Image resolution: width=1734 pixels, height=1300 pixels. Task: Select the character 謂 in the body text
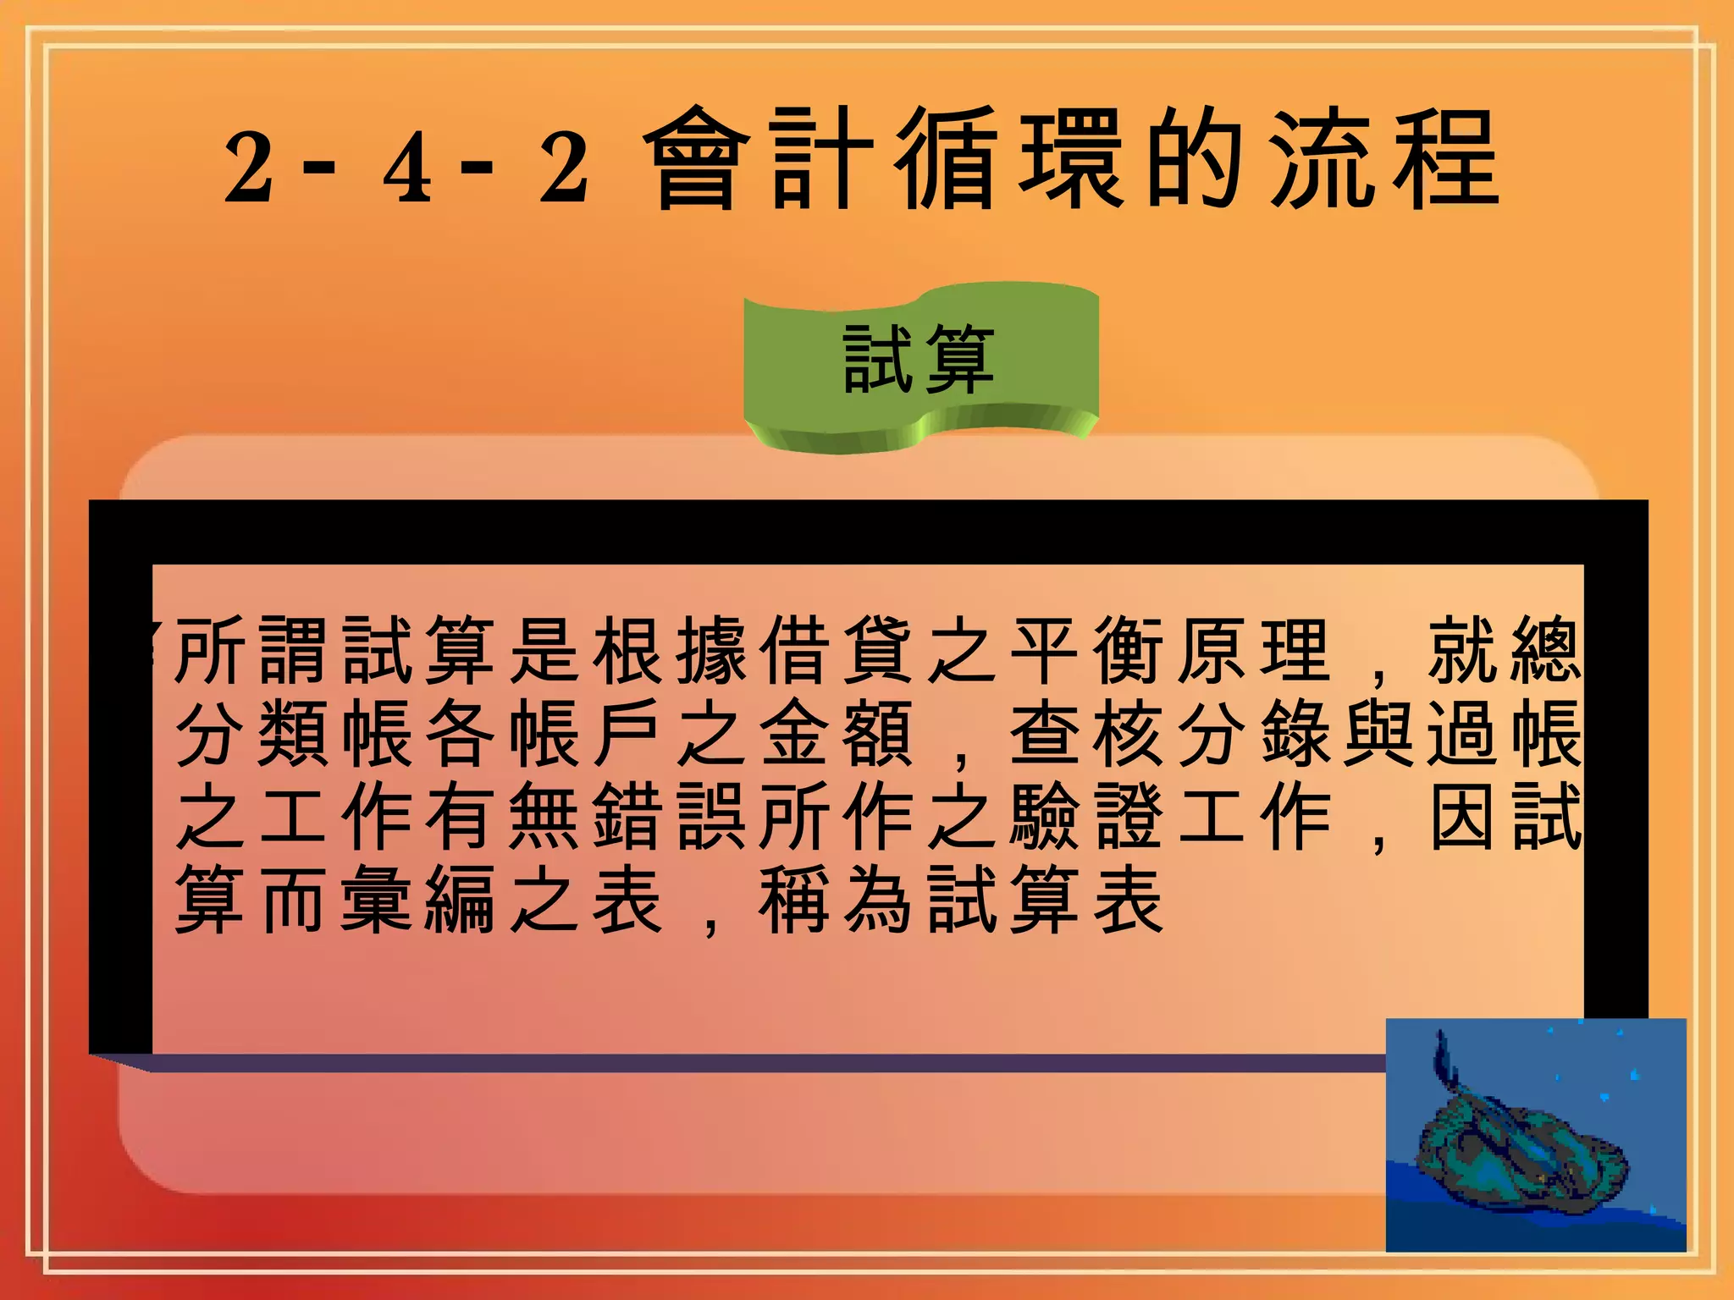point(293,650)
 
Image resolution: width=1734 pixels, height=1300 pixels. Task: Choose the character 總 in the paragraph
point(1546,650)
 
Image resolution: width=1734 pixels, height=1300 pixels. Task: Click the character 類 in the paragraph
point(293,733)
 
